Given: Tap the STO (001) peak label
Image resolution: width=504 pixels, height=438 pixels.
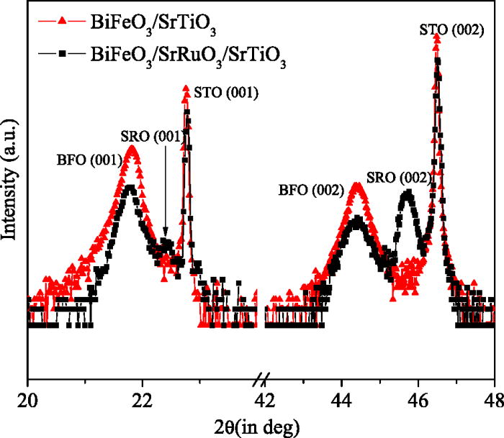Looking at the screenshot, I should pyautogui.click(x=226, y=91).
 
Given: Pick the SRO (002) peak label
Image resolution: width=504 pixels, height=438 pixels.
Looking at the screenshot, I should pyautogui.click(x=398, y=178).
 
